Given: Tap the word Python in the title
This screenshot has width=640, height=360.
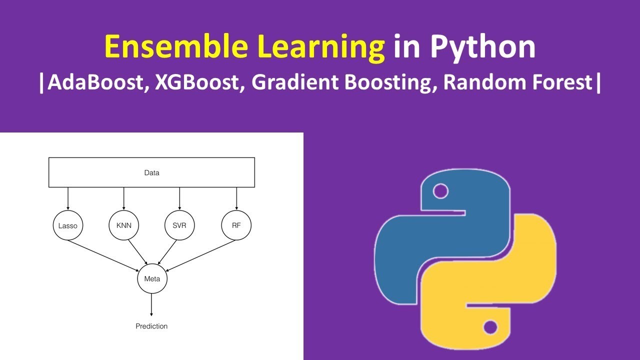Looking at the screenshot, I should (482, 47).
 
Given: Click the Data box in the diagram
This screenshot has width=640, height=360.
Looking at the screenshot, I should (151, 172).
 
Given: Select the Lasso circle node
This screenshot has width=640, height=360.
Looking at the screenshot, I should (67, 225).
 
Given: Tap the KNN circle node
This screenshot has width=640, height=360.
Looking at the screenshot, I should (123, 225).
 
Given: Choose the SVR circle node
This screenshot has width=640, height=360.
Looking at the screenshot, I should (179, 225).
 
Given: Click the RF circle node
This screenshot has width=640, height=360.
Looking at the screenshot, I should (236, 225).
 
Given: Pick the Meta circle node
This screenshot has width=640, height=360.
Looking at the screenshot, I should (152, 278).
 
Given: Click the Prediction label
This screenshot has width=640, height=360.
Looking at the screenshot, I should (151, 326).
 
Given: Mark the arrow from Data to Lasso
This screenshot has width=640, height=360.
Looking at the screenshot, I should (68, 199).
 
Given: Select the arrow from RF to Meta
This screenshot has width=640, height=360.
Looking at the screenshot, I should (197, 253).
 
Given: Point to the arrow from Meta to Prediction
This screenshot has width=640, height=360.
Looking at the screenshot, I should (151, 305).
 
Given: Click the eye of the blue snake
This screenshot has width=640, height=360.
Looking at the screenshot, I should (440, 190).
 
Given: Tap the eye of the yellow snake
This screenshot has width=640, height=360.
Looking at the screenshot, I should (490, 327).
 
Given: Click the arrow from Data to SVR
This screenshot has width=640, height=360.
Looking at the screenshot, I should (179, 199).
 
